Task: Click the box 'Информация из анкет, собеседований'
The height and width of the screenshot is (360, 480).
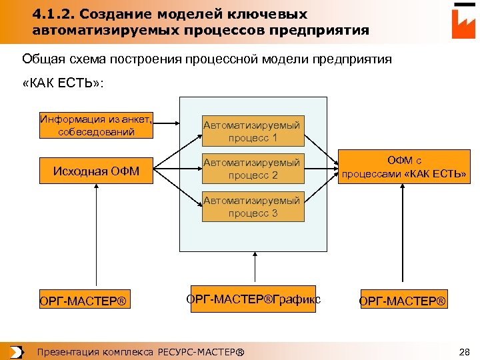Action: point(97,125)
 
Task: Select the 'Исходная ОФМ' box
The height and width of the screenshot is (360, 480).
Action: point(97,172)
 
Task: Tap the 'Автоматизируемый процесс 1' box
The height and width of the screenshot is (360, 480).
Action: point(253,131)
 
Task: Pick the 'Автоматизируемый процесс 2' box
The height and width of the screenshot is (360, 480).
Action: point(253,169)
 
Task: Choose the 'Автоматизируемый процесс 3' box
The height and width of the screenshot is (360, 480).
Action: point(253,207)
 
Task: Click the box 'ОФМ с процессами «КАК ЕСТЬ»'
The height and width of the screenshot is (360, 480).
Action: point(405,167)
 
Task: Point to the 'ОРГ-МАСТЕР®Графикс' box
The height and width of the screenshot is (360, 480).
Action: point(253,299)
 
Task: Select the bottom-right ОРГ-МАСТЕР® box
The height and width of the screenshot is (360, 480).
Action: point(403,301)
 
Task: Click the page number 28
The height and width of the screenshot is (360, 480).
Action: point(465,351)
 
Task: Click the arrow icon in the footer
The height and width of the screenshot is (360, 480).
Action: point(17,351)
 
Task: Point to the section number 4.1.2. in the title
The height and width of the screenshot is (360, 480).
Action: point(52,14)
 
